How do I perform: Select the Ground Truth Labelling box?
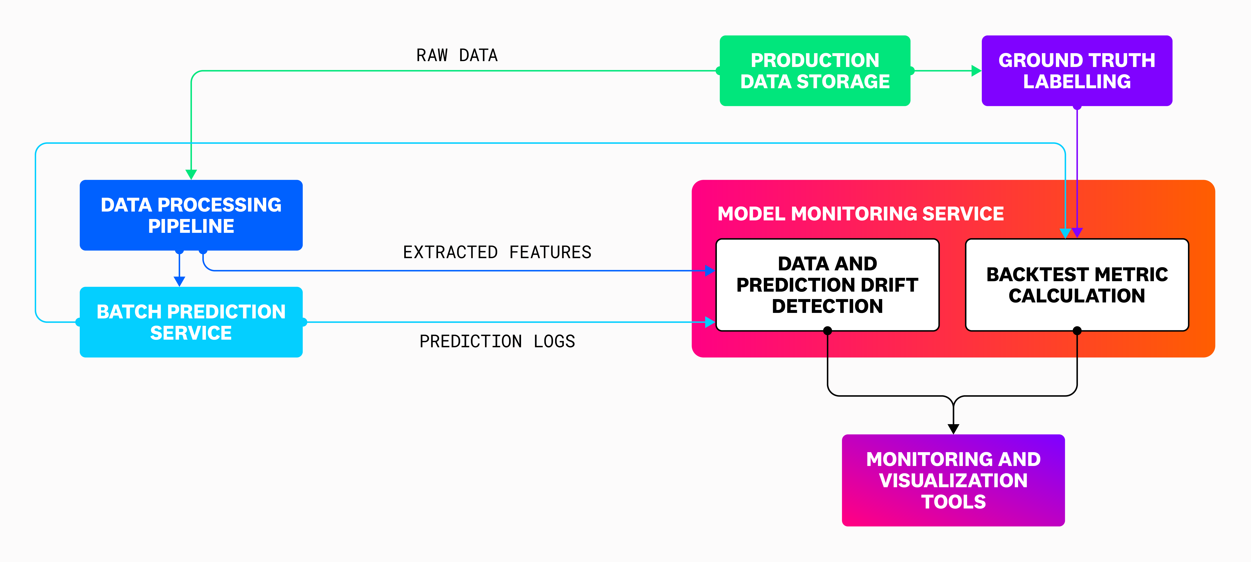pos(1077,71)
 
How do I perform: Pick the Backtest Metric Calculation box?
pos(1077,285)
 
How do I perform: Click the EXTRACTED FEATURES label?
pos(497,252)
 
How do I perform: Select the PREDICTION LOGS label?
pos(497,341)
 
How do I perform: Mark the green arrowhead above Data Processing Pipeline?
pos(191,174)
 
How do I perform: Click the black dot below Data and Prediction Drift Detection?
pos(827,330)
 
